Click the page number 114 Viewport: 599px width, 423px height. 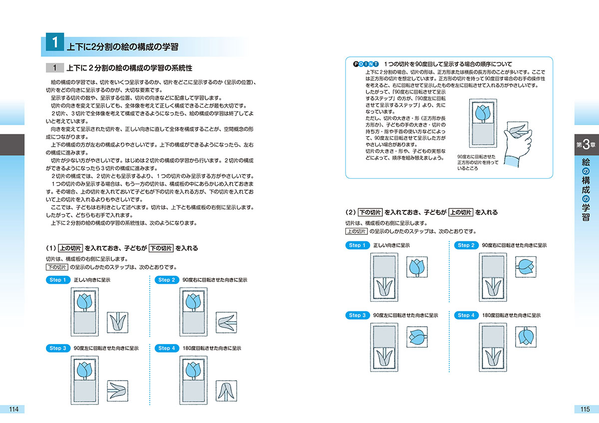coord(13,409)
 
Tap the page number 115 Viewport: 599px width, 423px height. coord(585,409)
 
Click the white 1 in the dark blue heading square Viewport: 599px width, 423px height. coord(55,42)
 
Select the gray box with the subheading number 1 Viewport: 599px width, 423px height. coord(55,68)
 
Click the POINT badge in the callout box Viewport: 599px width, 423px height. coord(366,64)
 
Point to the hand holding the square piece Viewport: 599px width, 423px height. coord(518,146)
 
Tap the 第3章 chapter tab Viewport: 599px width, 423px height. coord(586,145)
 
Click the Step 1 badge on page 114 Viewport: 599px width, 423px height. coord(58,280)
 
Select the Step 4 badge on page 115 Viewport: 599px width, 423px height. coord(466,315)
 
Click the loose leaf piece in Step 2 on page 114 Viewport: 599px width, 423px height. coord(226,322)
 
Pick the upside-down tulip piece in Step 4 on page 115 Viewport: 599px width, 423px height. coord(526,337)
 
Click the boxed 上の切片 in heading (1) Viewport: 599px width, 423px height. coord(70,248)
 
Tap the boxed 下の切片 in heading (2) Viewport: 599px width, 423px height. coord(370,212)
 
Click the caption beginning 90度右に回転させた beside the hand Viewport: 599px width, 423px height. coord(478,163)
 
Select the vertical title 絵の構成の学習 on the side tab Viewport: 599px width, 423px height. coord(586,190)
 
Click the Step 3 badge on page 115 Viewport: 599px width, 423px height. coord(357,315)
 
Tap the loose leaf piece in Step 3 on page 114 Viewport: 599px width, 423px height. coord(118,391)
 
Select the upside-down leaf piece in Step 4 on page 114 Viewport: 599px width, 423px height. coord(226,391)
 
